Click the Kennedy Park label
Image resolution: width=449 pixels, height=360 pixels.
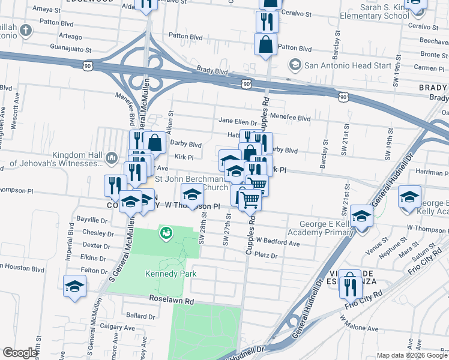[171, 274]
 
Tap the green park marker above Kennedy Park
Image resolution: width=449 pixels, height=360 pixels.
[166, 233]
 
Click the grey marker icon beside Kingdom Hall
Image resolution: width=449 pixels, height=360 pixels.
[110, 158]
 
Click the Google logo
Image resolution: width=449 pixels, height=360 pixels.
[20, 353]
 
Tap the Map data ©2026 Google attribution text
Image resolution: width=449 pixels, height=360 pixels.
[412, 355]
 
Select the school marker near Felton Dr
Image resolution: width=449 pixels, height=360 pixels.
[74, 286]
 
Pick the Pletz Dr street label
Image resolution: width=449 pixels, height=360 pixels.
[266, 256]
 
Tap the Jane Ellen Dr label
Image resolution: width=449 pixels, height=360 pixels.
[237, 121]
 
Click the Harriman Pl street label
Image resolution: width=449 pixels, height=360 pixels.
[429, 172]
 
